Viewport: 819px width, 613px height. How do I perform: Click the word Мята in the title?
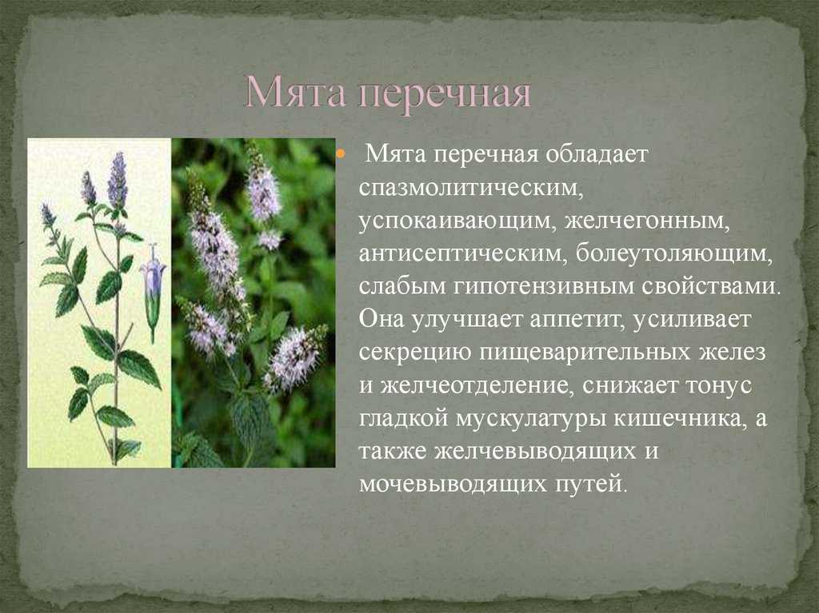pos(295,93)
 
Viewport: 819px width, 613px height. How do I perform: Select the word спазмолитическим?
pos(470,188)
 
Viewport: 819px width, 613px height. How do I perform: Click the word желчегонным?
pos(646,221)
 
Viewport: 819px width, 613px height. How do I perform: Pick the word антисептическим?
pos(463,254)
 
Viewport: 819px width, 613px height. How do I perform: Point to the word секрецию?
pos(415,353)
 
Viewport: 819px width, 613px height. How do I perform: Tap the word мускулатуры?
pos(531,420)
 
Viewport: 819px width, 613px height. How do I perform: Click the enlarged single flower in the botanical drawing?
pos(153,293)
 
